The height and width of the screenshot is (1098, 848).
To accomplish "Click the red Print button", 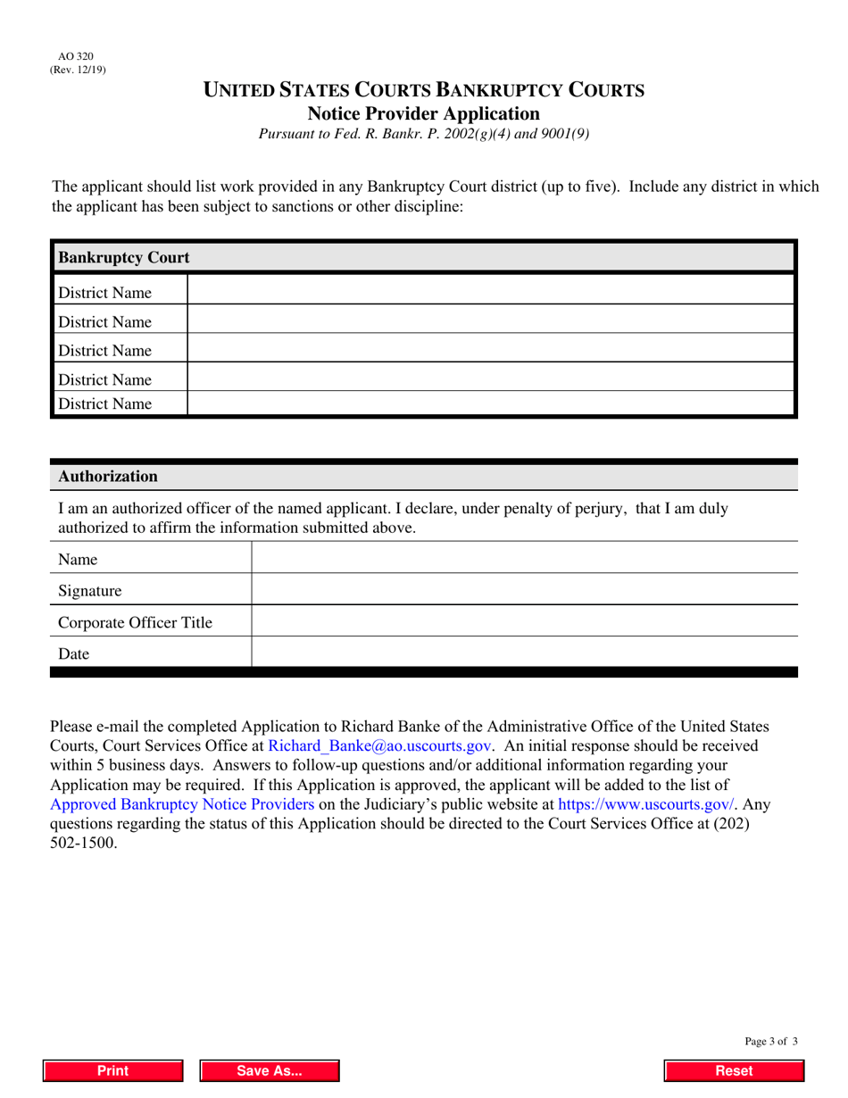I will tap(113, 1070).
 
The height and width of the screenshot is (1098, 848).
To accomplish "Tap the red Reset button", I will tap(734, 1070).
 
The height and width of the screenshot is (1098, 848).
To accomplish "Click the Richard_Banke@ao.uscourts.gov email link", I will tap(379, 745).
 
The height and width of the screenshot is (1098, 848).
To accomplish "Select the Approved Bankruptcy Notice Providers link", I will tap(182, 803).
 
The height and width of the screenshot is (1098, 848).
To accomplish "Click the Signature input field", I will tap(524, 589).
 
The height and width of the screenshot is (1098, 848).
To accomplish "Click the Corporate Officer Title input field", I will tap(524, 620).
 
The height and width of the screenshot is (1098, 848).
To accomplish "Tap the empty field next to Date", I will tap(524, 653).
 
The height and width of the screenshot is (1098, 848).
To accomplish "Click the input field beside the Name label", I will tap(524, 558).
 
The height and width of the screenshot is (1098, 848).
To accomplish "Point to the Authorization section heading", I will tap(108, 476).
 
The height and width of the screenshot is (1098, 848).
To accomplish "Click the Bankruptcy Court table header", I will tap(124, 257).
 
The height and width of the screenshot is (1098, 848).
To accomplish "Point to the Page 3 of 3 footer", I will tap(770, 1041).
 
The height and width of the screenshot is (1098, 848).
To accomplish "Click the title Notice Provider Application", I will tap(423, 113).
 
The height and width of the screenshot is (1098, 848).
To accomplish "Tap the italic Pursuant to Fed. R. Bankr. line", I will tap(423, 135).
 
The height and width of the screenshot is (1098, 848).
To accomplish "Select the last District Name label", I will tap(104, 403).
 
